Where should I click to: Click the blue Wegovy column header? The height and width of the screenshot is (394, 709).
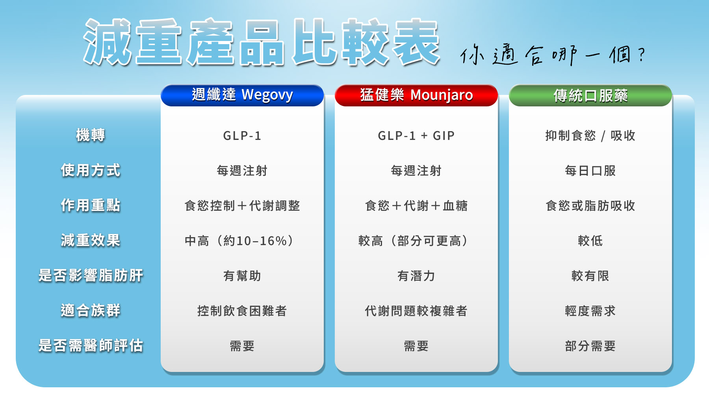tap(242, 95)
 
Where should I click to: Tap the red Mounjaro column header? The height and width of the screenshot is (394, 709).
tap(416, 95)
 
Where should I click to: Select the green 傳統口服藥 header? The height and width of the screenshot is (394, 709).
tap(590, 95)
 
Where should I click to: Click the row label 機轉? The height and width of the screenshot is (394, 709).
tap(91, 135)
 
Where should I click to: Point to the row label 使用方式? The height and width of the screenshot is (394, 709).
tap(91, 170)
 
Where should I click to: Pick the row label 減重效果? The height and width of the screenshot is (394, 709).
tap(91, 240)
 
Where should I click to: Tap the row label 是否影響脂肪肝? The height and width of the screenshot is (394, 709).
tap(91, 275)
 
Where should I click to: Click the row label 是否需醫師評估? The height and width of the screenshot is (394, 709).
tap(91, 346)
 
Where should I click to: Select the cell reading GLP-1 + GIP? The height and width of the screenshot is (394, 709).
tap(416, 136)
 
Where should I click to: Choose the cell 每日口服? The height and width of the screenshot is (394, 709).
tap(590, 171)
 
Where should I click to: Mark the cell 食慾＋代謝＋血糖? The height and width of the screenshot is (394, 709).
tap(416, 206)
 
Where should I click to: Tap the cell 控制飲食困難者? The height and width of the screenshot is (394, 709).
tap(242, 311)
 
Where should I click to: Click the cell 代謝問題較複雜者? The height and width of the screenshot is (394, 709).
tap(416, 311)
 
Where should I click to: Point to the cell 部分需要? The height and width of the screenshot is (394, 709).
tap(590, 346)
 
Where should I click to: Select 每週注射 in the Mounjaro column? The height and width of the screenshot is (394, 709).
tap(416, 171)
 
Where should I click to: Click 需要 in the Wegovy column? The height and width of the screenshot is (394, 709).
tap(242, 346)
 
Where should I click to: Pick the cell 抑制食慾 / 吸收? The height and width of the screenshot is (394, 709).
tap(590, 136)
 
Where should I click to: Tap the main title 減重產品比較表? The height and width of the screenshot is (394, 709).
tap(262, 42)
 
